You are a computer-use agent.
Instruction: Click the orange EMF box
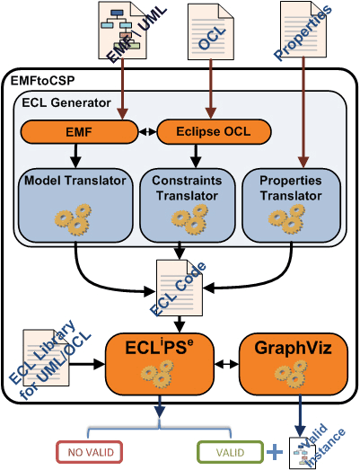pos(79,132)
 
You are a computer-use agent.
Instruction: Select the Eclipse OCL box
pos(214,131)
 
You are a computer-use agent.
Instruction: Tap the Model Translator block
pos(75,205)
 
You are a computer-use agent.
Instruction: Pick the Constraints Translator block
pos(188,205)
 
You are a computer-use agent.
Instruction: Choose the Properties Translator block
pos(291,205)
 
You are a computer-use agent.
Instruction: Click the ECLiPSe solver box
pos(160,364)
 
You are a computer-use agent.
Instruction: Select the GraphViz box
pos(294,364)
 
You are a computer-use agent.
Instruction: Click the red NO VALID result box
pos(90,452)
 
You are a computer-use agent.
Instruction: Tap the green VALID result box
pos(230,452)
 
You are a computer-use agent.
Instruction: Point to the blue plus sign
pos(275,452)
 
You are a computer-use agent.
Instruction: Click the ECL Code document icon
pos(180,288)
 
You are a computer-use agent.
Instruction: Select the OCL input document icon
pos(211,31)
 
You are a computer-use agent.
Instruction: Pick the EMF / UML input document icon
pos(122,31)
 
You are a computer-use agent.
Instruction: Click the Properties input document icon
pos(303,30)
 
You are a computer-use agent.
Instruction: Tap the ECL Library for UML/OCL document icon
pos(46,358)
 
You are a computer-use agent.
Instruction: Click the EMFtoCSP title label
pos(42,81)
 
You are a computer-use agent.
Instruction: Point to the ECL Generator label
pos(66,102)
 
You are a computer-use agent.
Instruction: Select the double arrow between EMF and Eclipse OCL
pos(147,131)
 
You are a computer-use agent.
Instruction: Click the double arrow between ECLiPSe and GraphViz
pos(227,364)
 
